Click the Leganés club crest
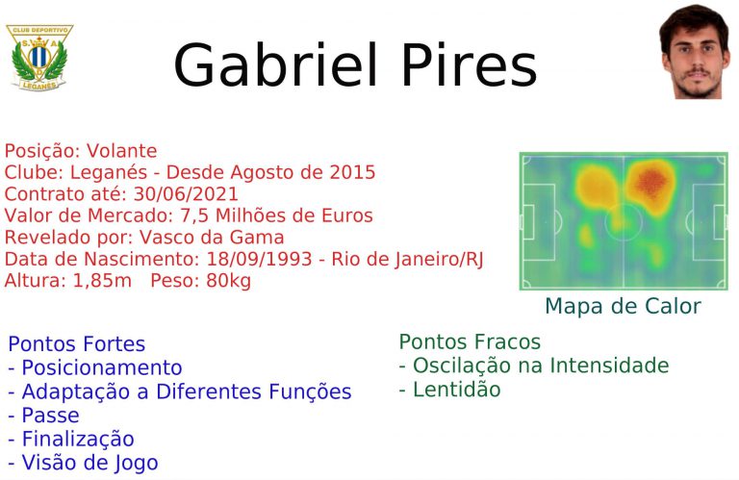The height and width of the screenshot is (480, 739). [x=39, y=58]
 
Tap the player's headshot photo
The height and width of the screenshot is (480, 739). [x=694, y=52]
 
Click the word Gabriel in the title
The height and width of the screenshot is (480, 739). [x=276, y=65]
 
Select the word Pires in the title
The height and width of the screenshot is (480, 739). [x=470, y=65]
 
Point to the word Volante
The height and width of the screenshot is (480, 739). [x=121, y=151]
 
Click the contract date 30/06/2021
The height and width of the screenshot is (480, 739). [x=186, y=194]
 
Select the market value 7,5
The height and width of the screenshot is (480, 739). [x=193, y=215]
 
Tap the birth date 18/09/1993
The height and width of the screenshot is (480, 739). [x=259, y=259]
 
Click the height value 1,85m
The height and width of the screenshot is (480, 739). [x=102, y=281]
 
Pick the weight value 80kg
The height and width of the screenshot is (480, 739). [x=229, y=281]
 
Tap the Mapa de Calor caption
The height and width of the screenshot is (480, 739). [x=624, y=306]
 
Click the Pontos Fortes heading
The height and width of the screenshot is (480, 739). [x=76, y=343]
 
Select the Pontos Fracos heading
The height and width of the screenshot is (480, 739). [x=470, y=342]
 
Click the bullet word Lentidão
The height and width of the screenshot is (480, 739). [x=456, y=390]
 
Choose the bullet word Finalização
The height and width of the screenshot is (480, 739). [x=78, y=439]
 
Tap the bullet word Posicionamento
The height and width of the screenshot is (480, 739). [x=102, y=367]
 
